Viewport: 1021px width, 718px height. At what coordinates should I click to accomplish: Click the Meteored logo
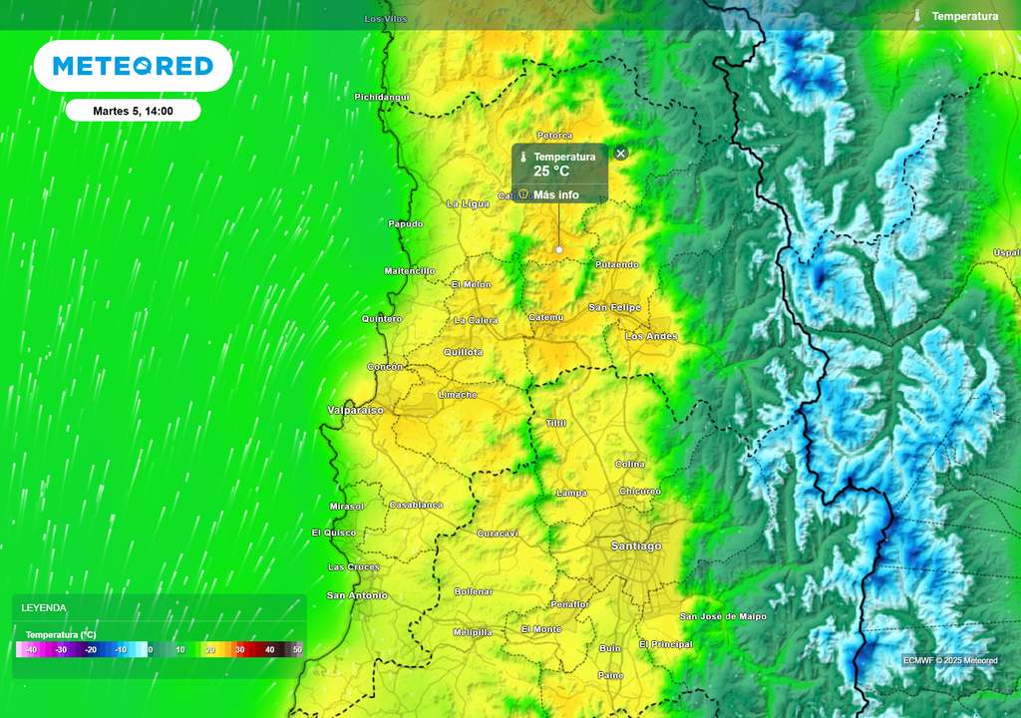(x=133, y=66)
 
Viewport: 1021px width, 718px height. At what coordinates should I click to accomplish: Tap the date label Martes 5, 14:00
(x=133, y=111)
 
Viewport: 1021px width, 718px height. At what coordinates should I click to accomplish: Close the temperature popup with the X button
(x=621, y=154)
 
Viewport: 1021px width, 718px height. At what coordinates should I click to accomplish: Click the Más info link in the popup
(x=555, y=194)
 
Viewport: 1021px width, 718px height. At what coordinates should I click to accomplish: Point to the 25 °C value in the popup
(x=551, y=172)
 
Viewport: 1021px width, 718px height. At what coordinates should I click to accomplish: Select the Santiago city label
(x=635, y=545)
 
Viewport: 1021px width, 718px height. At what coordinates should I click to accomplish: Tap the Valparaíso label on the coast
(x=355, y=410)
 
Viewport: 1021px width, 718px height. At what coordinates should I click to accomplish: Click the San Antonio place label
(x=357, y=595)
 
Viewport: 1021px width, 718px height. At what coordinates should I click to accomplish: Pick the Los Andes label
(x=651, y=336)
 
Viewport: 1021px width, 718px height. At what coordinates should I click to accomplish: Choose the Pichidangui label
(x=382, y=97)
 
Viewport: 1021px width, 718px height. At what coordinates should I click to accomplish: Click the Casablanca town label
(x=416, y=505)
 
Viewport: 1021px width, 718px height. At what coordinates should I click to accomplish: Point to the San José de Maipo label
(x=723, y=616)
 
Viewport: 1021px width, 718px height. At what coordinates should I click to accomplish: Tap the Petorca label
(x=554, y=135)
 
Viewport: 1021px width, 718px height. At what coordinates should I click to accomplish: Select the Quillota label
(x=463, y=352)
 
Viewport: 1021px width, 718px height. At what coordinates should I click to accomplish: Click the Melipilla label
(x=473, y=632)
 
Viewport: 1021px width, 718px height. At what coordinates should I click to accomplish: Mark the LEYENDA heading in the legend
(x=44, y=607)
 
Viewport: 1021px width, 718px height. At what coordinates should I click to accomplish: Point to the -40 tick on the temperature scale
(x=31, y=650)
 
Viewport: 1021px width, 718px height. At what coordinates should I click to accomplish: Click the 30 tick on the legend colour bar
(x=239, y=650)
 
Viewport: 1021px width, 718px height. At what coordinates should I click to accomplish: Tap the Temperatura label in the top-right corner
(x=964, y=16)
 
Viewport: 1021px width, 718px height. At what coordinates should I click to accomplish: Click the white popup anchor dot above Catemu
(x=559, y=249)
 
